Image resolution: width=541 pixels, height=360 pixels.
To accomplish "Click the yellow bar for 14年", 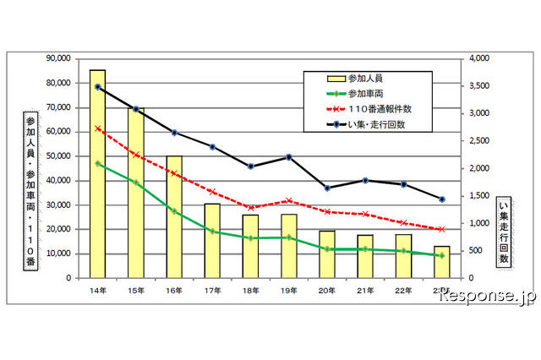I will coord(97,174).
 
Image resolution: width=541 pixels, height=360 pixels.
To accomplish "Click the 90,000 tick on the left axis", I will coord(59,58).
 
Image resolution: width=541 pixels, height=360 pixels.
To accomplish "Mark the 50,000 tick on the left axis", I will coord(59,156).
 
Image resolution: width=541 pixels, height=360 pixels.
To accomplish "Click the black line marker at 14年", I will coord(97,87).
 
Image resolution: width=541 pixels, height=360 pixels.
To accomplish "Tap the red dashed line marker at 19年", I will coord(288,200).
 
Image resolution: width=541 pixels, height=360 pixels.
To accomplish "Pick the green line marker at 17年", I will coord(212,231).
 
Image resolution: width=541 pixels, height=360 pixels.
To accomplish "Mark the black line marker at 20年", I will coord(327,188).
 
